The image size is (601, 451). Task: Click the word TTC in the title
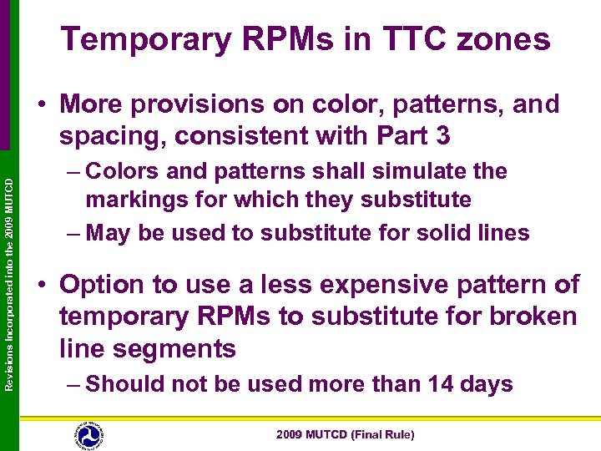click(x=414, y=39)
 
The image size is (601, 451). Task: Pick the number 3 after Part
click(x=442, y=134)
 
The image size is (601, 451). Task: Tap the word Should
click(x=125, y=384)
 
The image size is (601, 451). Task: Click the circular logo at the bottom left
click(x=88, y=434)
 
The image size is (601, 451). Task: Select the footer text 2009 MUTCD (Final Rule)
click(x=346, y=435)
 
